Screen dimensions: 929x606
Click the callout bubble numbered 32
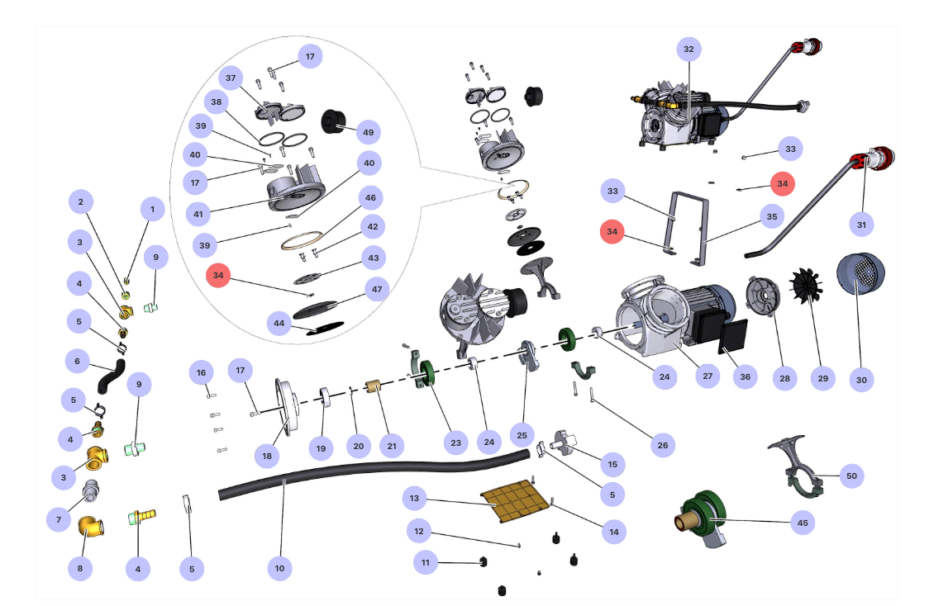tap(688, 49)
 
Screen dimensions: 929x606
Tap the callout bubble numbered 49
tap(368, 132)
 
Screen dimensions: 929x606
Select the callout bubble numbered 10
tap(279, 568)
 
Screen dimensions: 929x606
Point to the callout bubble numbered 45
tap(803, 523)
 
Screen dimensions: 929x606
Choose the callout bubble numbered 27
tap(707, 376)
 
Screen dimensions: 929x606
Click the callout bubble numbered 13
tap(414, 499)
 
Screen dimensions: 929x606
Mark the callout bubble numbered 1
tap(152, 209)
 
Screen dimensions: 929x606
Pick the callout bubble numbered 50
tap(851, 476)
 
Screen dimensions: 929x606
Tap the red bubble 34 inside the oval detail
tap(218, 275)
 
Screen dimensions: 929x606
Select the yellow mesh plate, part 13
tap(514, 500)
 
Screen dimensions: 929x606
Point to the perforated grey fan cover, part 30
tap(860, 275)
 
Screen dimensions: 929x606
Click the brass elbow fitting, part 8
tap(91, 526)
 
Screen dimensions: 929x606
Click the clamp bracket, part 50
tap(797, 467)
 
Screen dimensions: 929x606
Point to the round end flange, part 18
tap(286, 407)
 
